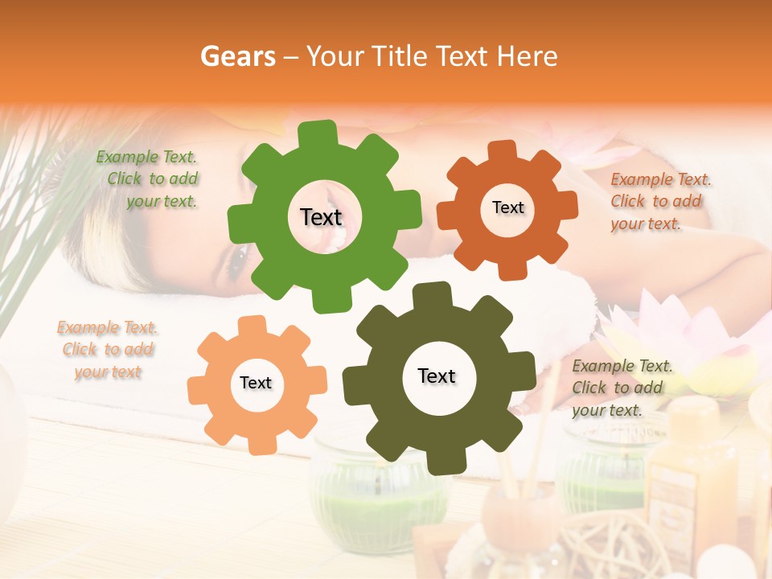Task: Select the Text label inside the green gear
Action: coord(321,217)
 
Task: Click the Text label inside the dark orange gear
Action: coord(507,207)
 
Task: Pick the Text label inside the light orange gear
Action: coord(256,383)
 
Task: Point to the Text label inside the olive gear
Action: coord(437,376)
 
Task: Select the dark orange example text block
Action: coord(659,201)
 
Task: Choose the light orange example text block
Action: coord(107,350)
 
